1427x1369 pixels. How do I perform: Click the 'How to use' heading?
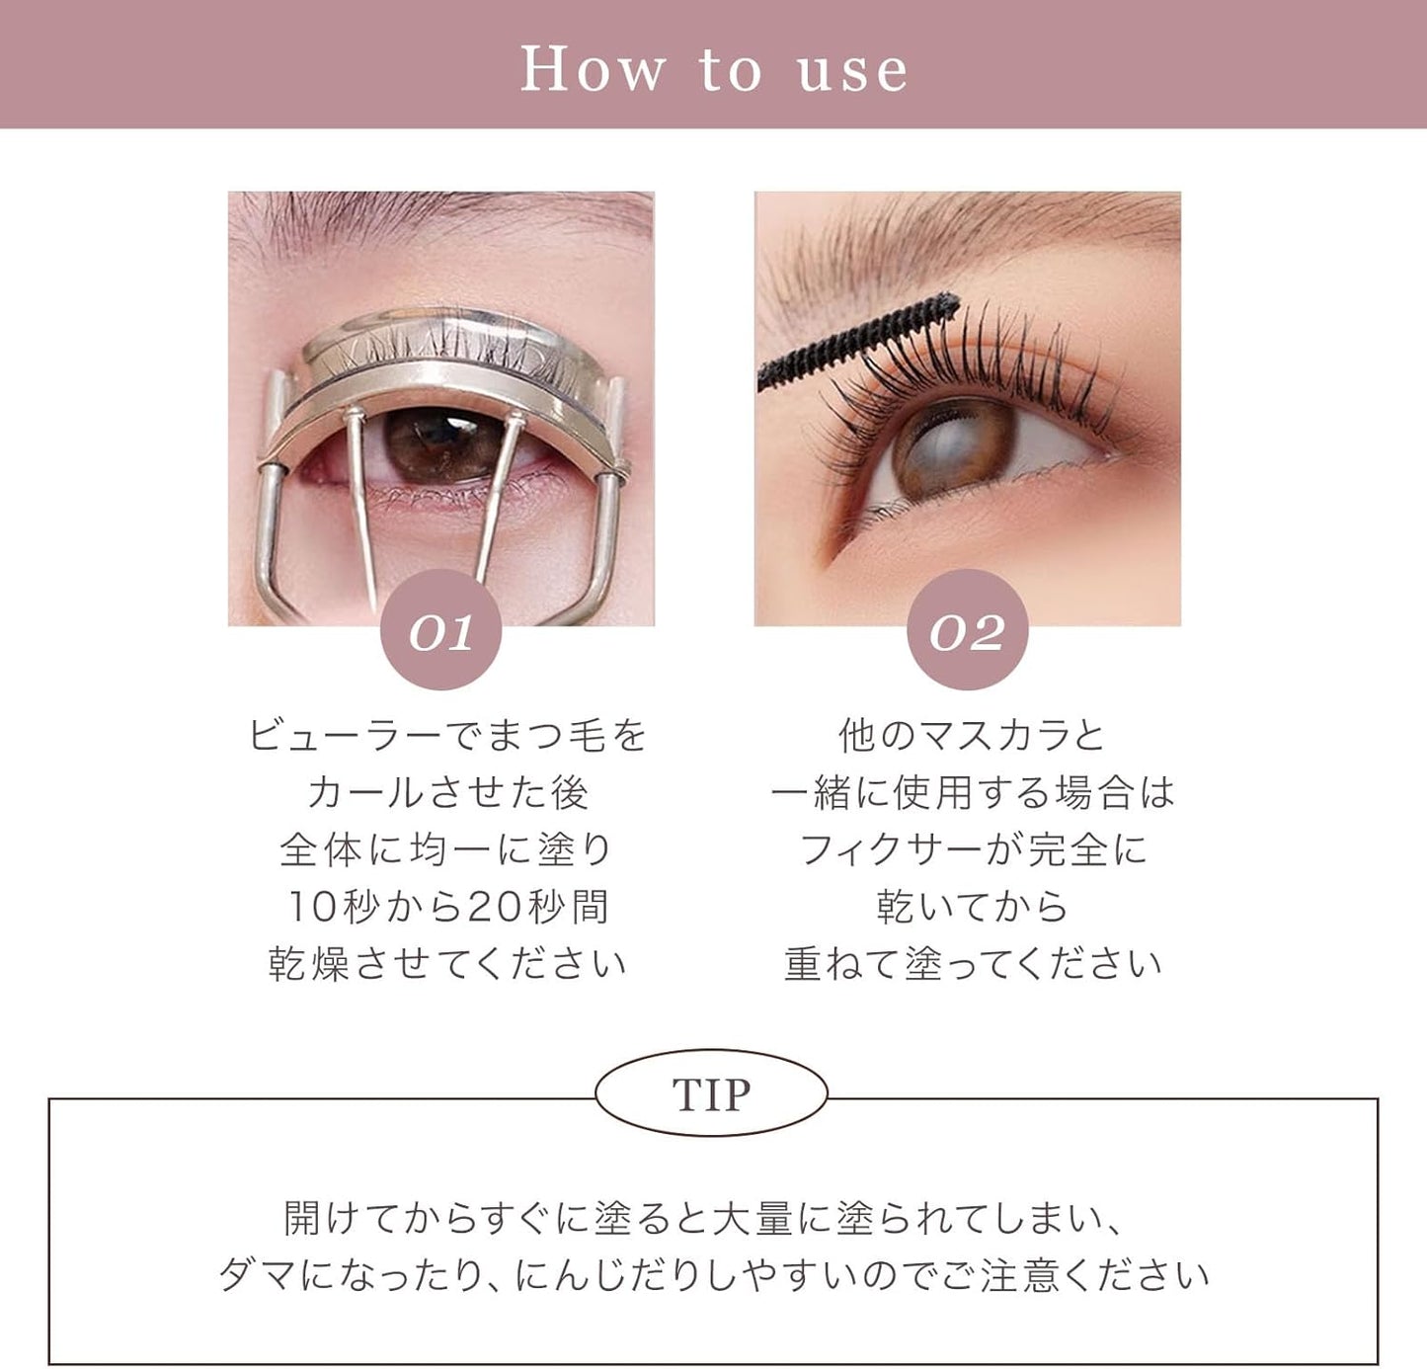click(x=713, y=69)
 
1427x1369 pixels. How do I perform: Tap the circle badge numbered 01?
click(x=440, y=630)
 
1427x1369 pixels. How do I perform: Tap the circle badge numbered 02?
click(x=967, y=630)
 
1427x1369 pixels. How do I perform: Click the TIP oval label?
click(x=711, y=1093)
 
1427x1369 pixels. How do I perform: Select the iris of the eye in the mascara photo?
click(x=952, y=449)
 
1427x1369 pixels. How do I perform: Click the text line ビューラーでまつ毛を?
click(x=446, y=735)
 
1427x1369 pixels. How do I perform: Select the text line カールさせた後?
click(x=446, y=792)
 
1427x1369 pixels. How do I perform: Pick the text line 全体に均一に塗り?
click(x=446, y=849)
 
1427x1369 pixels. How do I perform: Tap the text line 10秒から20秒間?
click(x=446, y=907)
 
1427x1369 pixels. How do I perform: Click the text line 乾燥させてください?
click(x=446, y=964)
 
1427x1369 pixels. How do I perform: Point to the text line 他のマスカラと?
click(x=972, y=735)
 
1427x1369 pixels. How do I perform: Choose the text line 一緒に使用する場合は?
click(x=972, y=792)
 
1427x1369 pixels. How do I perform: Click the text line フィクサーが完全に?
click(x=972, y=849)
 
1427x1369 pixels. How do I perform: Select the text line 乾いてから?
click(x=972, y=907)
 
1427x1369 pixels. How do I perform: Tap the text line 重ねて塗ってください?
click(x=972, y=964)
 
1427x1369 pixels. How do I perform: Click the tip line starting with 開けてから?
click(x=703, y=1218)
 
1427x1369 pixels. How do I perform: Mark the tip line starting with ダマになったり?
click(x=713, y=1275)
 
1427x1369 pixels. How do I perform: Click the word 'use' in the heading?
click(x=851, y=71)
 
